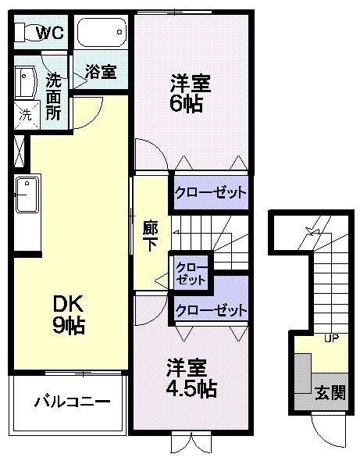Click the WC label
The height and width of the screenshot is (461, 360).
(x=50, y=33)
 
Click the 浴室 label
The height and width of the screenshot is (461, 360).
(x=101, y=72)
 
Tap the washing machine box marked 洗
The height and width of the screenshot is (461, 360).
(x=25, y=114)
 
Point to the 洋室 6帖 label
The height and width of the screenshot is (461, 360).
(x=191, y=91)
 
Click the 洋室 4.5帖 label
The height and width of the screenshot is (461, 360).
(x=191, y=376)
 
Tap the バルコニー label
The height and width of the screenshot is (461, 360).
(x=71, y=403)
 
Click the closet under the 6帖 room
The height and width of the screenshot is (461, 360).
(x=210, y=191)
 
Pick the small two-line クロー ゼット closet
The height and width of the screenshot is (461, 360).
(x=191, y=272)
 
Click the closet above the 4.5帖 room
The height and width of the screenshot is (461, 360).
(x=210, y=309)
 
